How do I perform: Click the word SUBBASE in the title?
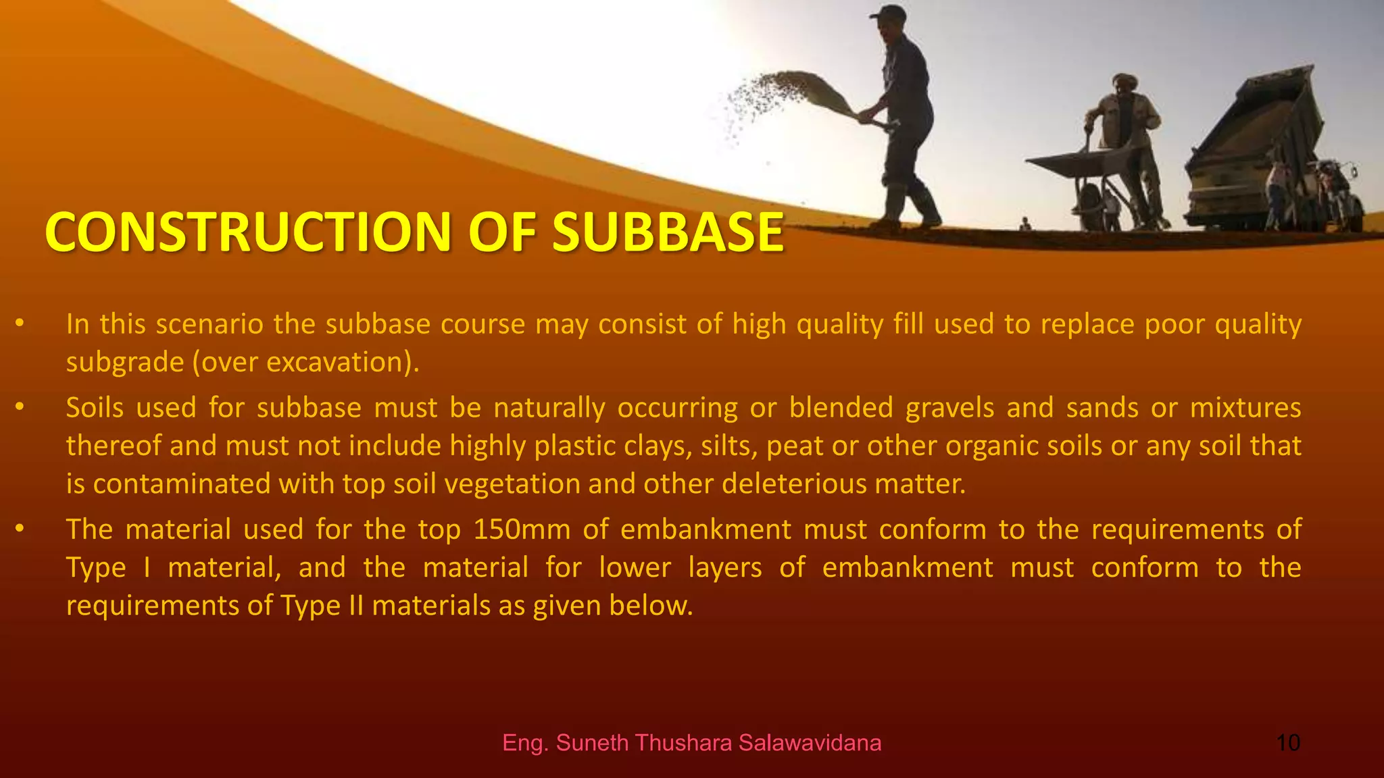pyautogui.click(x=668, y=232)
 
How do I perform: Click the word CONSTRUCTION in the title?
pyautogui.click(x=247, y=232)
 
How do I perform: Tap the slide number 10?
pyautogui.click(x=1288, y=743)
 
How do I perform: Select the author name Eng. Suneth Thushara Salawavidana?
pyautogui.click(x=691, y=743)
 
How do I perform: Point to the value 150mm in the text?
pyautogui.click(x=522, y=529)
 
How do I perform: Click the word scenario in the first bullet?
pyautogui.click(x=209, y=324)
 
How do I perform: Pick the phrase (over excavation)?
pyautogui.click(x=306, y=363)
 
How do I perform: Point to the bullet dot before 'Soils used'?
pyautogui.click(x=20, y=407)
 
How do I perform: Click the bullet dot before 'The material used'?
pyautogui.click(x=20, y=529)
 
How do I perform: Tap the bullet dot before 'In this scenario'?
pyautogui.click(x=20, y=323)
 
